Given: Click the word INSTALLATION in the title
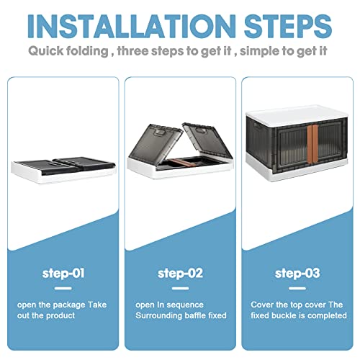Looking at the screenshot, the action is [132, 26].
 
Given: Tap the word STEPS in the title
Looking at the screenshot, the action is [288, 26].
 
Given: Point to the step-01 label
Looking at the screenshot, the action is [63, 273].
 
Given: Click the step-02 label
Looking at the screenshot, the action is [180, 273].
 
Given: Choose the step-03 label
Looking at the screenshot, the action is [297, 273].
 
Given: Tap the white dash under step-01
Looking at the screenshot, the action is [63, 288].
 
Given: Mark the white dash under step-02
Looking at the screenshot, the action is [180, 288].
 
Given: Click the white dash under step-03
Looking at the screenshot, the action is [297, 288].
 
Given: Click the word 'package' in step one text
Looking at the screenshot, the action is [69, 305].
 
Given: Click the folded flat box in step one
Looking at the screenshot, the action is [63, 170].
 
